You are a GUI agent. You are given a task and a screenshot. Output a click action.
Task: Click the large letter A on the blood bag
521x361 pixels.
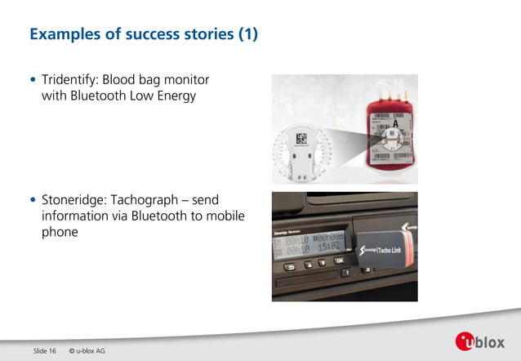point(395,102)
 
